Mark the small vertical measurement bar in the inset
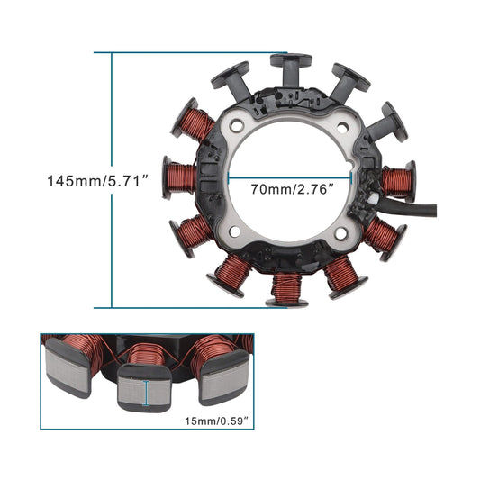148,394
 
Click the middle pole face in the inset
148,393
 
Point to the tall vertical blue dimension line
112,180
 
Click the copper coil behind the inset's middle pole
144,352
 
